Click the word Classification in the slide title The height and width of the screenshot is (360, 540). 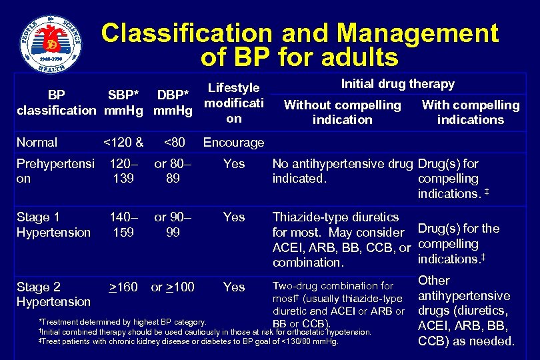(x=187, y=33)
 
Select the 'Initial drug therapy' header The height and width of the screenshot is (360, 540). (x=397, y=84)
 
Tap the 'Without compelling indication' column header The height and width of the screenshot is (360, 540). (x=343, y=112)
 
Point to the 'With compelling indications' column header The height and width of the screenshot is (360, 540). (x=470, y=112)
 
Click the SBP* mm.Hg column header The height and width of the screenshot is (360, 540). (x=124, y=103)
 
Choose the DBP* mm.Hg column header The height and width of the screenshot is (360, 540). (x=173, y=103)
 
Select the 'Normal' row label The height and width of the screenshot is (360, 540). (x=37, y=142)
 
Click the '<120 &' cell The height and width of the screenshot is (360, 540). (x=123, y=142)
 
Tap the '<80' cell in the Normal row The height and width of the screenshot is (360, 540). (x=174, y=142)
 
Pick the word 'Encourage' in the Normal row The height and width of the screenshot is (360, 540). (x=233, y=142)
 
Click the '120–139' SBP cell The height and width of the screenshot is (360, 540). (x=123, y=171)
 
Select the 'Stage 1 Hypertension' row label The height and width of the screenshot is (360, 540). (x=53, y=225)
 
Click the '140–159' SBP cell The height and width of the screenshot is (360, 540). (x=123, y=225)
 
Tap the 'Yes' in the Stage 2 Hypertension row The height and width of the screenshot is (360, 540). (x=234, y=287)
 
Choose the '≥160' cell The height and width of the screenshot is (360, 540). (x=123, y=287)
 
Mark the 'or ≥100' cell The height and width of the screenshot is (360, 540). (x=173, y=287)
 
